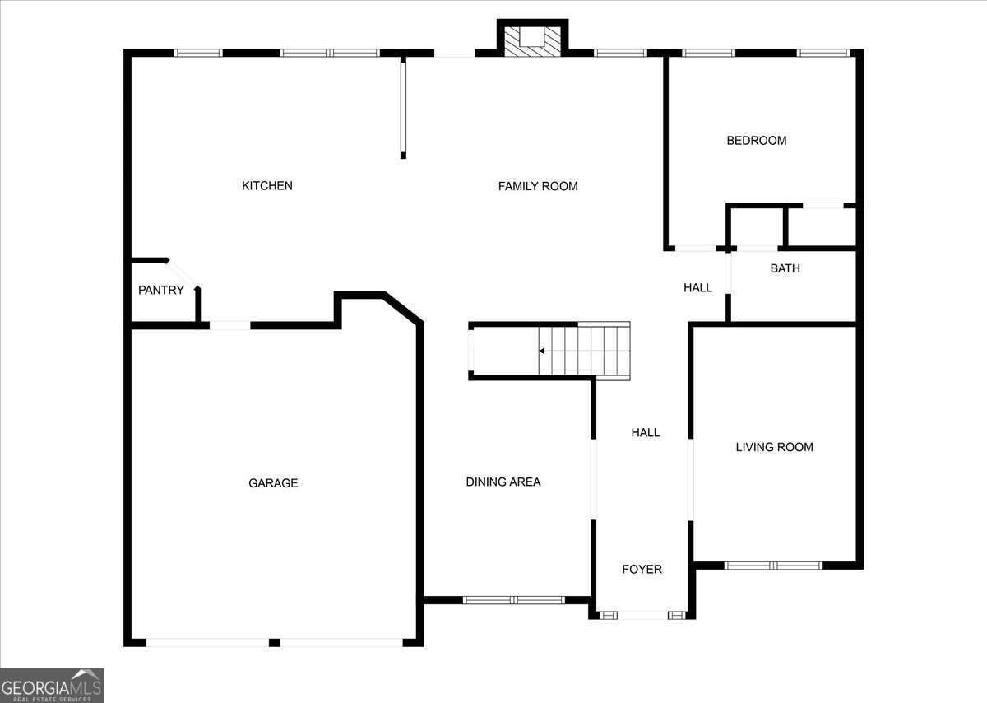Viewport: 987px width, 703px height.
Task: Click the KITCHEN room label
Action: point(267,186)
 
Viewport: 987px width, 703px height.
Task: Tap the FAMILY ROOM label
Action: point(538,186)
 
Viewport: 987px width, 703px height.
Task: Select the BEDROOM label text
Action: point(757,141)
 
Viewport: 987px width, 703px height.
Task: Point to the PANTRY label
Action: point(161,291)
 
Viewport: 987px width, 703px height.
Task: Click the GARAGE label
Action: point(273,483)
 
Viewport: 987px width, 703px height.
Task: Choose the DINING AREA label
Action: point(503,482)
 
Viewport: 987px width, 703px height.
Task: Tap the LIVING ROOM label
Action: point(775,447)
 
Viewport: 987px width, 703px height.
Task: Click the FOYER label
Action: point(642,570)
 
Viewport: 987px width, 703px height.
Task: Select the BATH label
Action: point(785,268)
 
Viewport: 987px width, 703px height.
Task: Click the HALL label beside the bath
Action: point(698,287)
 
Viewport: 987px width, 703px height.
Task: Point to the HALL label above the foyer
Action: point(646,433)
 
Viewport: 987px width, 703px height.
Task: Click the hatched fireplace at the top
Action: point(532,41)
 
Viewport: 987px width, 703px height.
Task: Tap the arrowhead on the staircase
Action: point(542,351)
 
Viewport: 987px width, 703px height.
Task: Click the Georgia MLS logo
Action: point(52,685)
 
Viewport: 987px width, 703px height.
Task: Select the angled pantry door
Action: point(182,274)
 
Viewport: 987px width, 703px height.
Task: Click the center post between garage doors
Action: point(274,643)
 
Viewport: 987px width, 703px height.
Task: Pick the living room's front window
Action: point(773,566)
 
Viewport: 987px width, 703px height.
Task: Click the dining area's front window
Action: point(513,600)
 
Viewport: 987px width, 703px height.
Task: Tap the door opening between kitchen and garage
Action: point(230,325)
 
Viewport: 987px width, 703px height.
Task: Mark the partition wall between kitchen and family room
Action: point(403,107)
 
